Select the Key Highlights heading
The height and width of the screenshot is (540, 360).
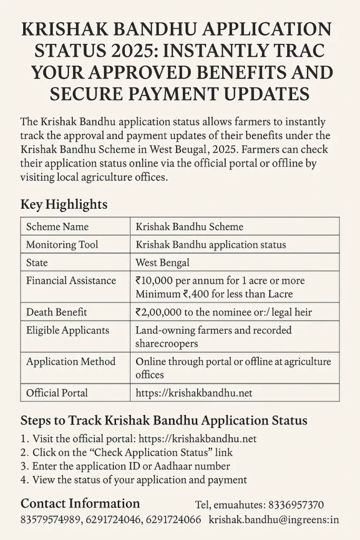pyautogui.click(x=64, y=204)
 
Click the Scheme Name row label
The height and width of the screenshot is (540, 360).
pyautogui.click(x=57, y=227)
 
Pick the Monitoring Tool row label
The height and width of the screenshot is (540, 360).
pyautogui.click(x=62, y=245)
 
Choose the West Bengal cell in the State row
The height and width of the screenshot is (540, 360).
pyautogui.click(x=162, y=263)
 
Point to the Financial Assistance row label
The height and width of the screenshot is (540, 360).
pyautogui.click(x=71, y=281)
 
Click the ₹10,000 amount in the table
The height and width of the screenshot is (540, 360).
pyautogui.click(x=155, y=281)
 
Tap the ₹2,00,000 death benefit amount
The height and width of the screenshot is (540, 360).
pyautogui.click(x=160, y=312)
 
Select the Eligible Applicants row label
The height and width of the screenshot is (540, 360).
pyautogui.click(x=67, y=330)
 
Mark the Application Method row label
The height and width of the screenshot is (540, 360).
pyautogui.click(x=71, y=362)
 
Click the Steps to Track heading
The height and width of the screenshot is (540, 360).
pyautogui.click(x=163, y=421)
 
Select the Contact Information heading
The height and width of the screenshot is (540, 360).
pyautogui.click(x=80, y=503)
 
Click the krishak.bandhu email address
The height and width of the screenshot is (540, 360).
pyautogui.click(x=274, y=520)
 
